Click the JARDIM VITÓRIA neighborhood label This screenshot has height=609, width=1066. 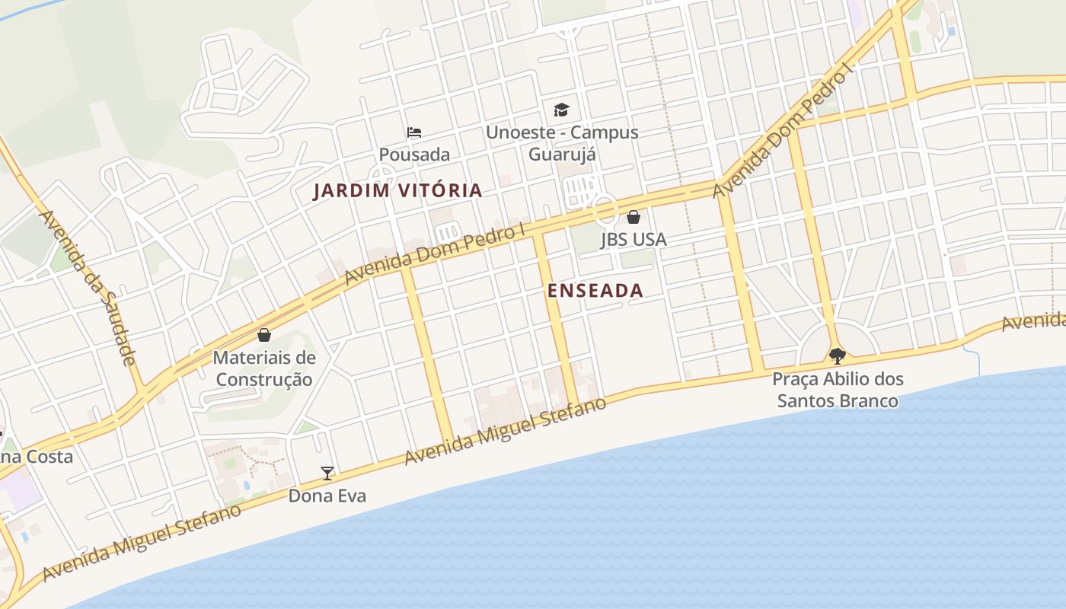(x=397, y=190)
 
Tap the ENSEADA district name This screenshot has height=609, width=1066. (x=595, y=290)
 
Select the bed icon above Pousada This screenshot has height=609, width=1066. (x=414, y=132)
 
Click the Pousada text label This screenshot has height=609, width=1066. (x=414, y=155)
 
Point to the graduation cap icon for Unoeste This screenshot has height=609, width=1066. (x=561, y=110)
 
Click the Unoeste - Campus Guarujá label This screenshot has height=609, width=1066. (x=562, y=143)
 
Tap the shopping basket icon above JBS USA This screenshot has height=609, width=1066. (x=634, y=217)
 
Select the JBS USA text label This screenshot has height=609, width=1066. (x=634, y=239)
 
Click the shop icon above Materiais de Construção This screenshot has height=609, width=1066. (x=264, y=335)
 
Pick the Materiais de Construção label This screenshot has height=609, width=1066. (x=263, y=368)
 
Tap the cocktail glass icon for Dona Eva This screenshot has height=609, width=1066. (x=327, y=473)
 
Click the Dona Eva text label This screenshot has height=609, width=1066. (x=327, y=496)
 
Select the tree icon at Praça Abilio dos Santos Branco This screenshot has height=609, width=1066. (x=838, y=356)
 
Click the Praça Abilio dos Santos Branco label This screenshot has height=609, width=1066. (x=838, y=389)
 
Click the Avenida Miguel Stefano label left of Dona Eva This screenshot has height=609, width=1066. (x=142, y=541)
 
